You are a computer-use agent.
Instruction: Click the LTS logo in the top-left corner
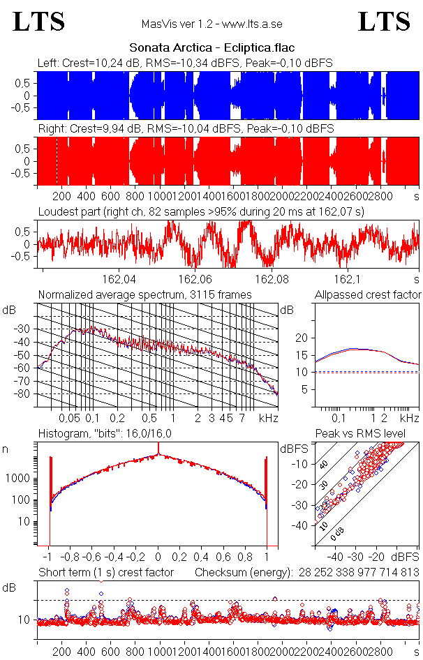[x=39, y=22]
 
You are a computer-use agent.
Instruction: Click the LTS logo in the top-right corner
[x=383, y=22]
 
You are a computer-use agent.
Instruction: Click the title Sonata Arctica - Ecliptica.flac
[x=211, y=48]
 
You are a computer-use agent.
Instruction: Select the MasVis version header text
[x=211, y=24]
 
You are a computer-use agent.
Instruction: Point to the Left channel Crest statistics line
[x=185, y=63]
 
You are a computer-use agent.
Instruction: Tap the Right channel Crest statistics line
[x=186, y=128]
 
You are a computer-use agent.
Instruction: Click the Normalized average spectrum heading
[x=144, y=294]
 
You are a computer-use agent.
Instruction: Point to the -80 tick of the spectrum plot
[x=27, y=393]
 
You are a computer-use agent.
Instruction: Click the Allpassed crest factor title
[x=368, y=294]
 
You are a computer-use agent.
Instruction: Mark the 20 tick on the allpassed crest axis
[x=302, y=338]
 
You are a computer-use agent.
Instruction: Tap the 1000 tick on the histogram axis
[x=17, y=479]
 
